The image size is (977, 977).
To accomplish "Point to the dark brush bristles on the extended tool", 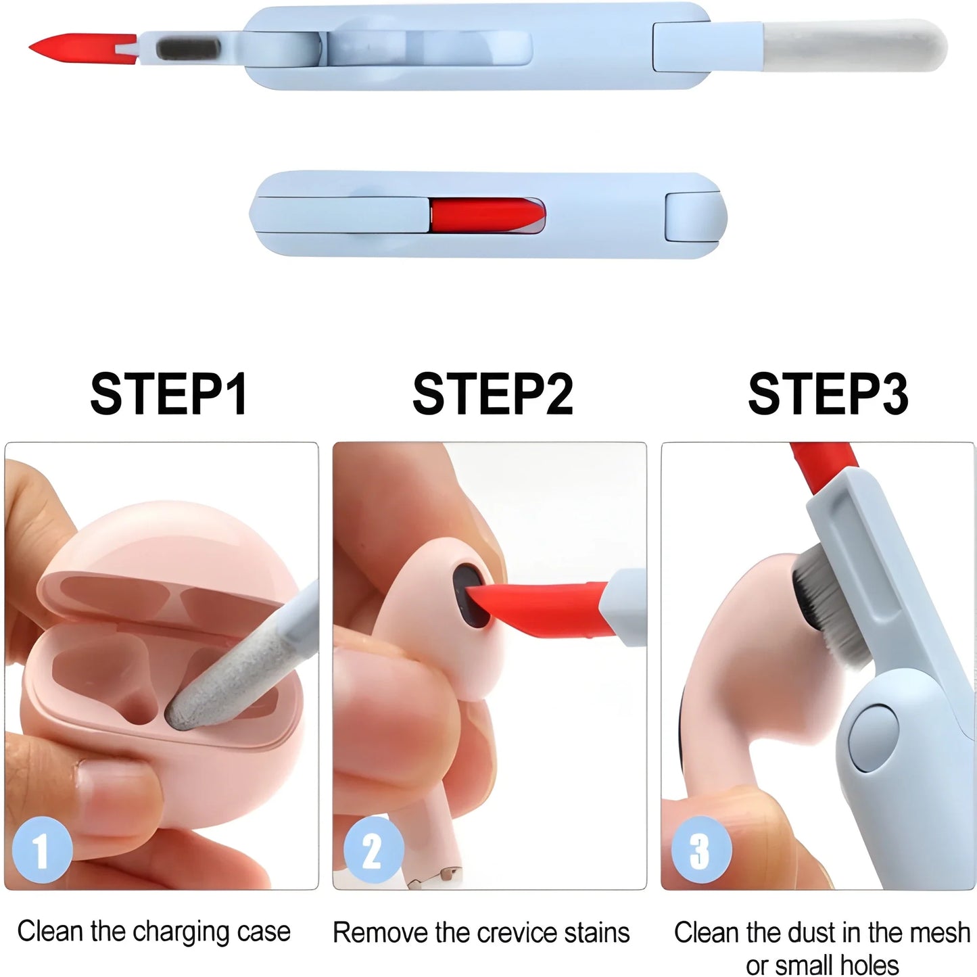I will (x=188, y=49).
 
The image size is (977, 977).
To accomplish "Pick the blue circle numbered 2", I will (x=373, y=850).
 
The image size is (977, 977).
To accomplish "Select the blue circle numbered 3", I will (x=700, y=850).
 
